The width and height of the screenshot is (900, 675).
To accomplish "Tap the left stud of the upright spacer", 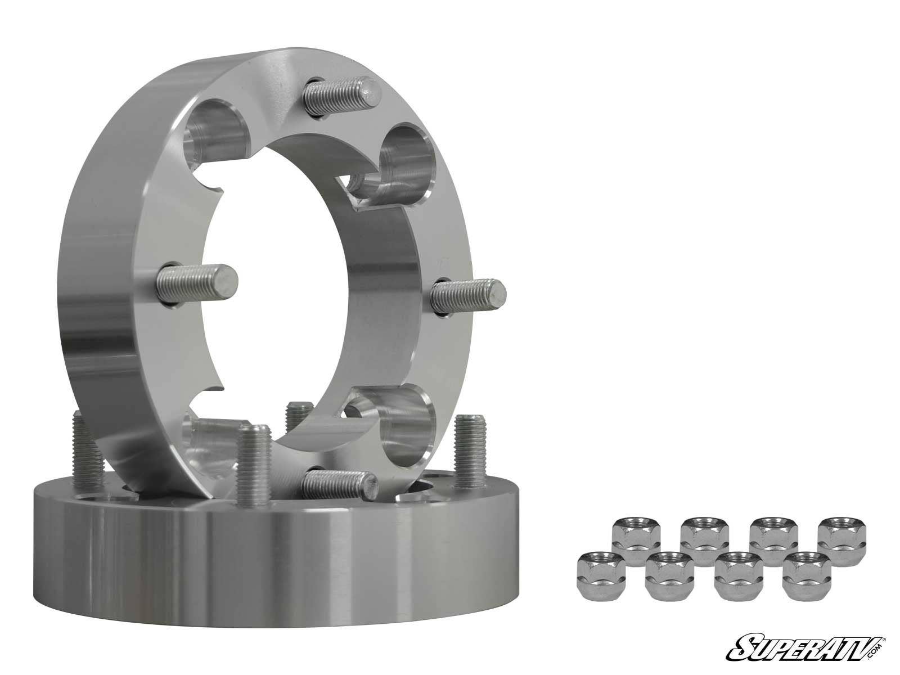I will [x=197, y=280].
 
